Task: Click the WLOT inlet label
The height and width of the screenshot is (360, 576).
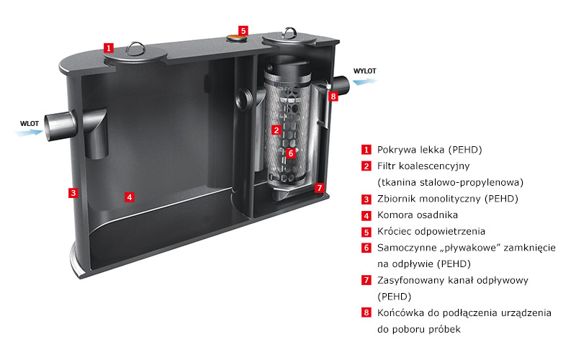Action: click(30, 123)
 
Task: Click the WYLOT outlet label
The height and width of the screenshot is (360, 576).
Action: click(365, 71)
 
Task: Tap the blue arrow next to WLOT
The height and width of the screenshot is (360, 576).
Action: click(29, 132)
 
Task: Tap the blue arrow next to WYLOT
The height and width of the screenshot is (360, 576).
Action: click(365, 81)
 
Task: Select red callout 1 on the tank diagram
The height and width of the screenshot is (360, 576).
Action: click(109, 48)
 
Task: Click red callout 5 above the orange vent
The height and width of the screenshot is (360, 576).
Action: click(243, 30)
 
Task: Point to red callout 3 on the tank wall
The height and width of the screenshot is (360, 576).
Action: click(73, 192)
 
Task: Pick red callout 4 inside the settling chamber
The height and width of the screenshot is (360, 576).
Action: click(130, 197)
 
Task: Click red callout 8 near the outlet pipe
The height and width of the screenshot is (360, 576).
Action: click(333, 96)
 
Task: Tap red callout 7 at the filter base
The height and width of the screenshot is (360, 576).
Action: click(320, 188)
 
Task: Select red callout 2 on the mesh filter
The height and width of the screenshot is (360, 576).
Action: click(276, 130)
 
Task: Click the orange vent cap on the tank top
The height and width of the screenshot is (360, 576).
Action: click(236, 37)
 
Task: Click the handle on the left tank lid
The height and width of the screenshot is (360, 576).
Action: click(135, 48)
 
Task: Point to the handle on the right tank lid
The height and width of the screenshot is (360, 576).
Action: click(290, 32)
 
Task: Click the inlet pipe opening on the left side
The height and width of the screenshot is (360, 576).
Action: click(48, 127)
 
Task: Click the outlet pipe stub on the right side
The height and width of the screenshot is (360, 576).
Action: click(341, 86)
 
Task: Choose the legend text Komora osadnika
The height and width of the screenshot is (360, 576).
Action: click(418, 215)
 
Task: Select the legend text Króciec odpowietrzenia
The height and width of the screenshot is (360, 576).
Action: click(431, 231)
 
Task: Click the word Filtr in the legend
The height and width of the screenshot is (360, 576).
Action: click(386, 166)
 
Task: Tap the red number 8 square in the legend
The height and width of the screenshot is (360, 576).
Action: click(366, 312)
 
